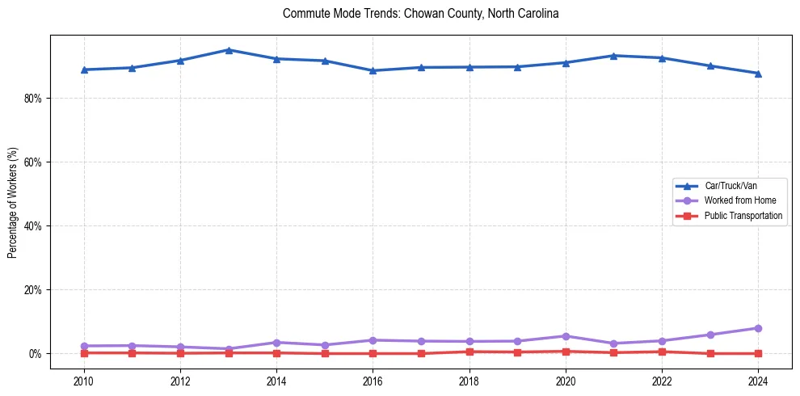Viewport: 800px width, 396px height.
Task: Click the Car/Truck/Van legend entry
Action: pyautogui.click(x=731, y=185)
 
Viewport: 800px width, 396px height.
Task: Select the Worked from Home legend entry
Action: pyautogui.click(x=739, y=200)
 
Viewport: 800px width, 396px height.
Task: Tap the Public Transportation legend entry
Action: pyautogui.click(x=743, y=216)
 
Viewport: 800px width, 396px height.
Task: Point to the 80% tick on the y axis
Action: pyautogui.click(x=37, y=99)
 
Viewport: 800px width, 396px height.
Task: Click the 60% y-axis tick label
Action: pyautogui.click(x=37, y=162)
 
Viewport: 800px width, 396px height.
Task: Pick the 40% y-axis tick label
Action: pyautogui.click(x=37, y=226)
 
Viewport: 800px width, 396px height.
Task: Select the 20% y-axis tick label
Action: pyautogui.click(x=37, y=290)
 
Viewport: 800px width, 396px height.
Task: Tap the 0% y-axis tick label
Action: pyautogui.click(x=40, y=354)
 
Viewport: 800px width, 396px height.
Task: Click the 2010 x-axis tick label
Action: pyautogui.click(x=84, y=380)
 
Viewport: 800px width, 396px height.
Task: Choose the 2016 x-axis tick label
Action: pyautogui.click(x=373, y=380)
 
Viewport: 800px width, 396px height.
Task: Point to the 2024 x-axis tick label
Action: pyautogui.click(x=758, y=380)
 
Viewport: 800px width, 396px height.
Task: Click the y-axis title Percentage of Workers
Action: pyautogui.click(x=13, y=203)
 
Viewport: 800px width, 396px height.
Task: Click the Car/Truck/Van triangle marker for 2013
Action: pyautogui.click(x=229, y=50)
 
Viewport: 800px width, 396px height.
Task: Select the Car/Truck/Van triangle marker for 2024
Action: pyautogui.click(x=758, y=74)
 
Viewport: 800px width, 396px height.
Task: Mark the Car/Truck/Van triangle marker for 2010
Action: pyautogui.click(x=84, y=70)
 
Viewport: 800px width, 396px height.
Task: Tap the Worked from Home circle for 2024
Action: pyautogui.click(x=758, y=328)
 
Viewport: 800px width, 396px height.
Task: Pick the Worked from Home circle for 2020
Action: pyautogui.click(x=566, y=336)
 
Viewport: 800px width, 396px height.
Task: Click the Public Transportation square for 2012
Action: pyautogui.click(x=180, y=353)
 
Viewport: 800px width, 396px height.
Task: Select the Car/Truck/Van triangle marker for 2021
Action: pyautogui.click(x=613, y=56)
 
